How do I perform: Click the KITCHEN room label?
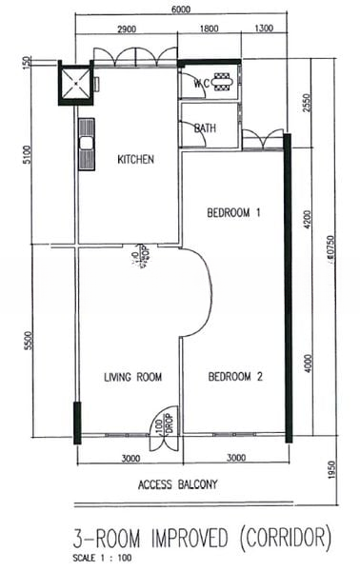click(135, 159)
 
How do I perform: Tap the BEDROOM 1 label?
click(233, 213)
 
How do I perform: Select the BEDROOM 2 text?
click(233, 377)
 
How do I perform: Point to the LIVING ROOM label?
click(132, 378)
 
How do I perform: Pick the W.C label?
click(201, 83)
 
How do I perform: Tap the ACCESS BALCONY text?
click(178, 484)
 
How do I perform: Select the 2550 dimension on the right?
click(306, 101)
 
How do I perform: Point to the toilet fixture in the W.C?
click(224, 82)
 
